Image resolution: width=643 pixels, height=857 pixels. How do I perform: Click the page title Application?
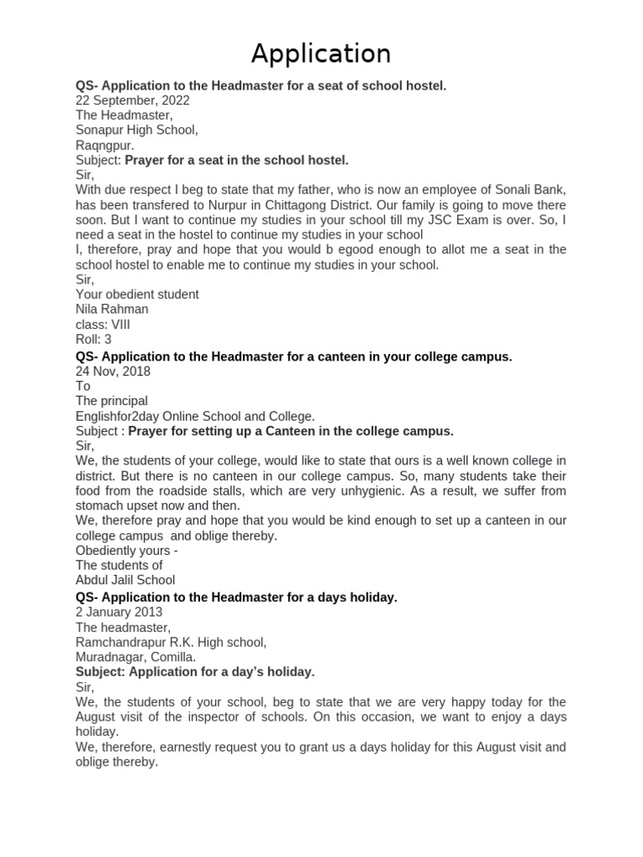[x=321, y=54]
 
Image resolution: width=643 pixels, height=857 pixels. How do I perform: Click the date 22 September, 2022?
[x=132, y=100]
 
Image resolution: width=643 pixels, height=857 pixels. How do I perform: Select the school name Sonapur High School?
[x=136, y=131]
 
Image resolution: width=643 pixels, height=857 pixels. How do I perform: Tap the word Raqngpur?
[x=105, y=146]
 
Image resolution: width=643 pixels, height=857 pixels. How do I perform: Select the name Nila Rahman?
[x=112, y=310]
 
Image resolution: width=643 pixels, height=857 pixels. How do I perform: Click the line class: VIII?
[x=103, y=325]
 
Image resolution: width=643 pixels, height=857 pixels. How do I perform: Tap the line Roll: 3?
[x=94, y=340]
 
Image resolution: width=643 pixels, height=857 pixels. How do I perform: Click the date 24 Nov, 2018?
[x=113, y=371]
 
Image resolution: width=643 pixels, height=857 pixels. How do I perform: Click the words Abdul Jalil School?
[x=126, y=580]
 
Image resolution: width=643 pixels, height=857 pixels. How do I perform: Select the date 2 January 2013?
[x=119, y=612]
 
